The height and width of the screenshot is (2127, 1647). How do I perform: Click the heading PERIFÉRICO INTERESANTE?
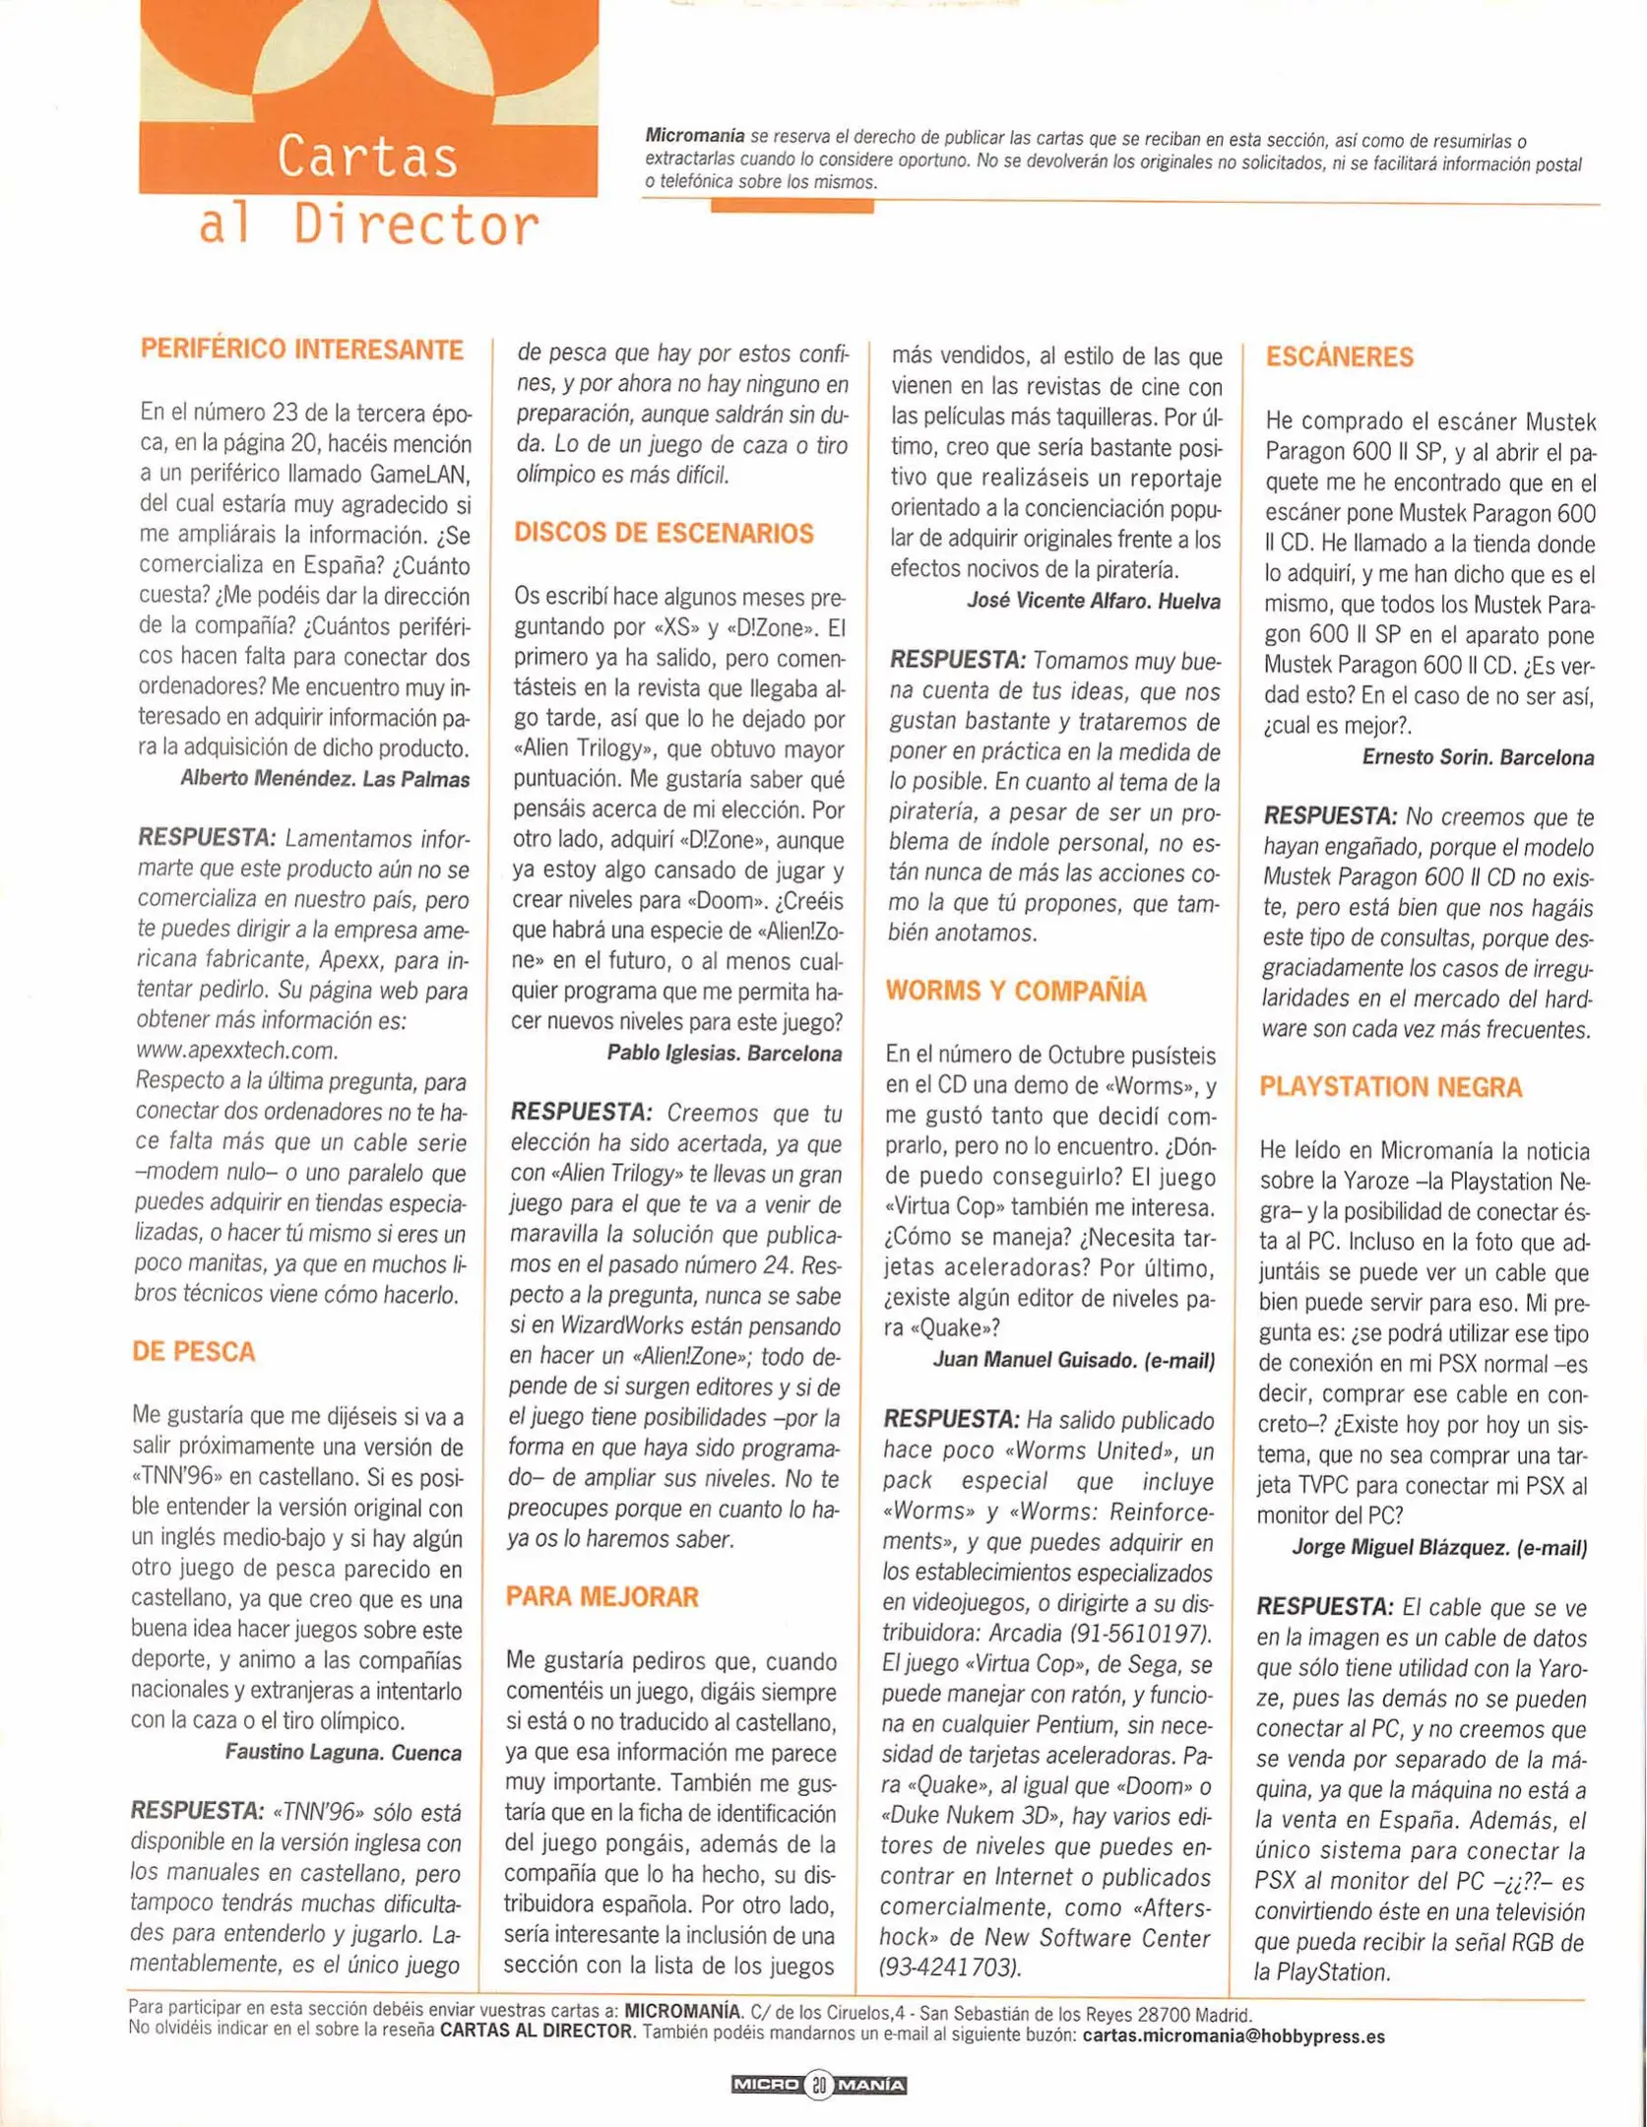pyautogui.click(x=301, y=350)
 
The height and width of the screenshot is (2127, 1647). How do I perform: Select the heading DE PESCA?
pyautogui.click(x=194, y=1351)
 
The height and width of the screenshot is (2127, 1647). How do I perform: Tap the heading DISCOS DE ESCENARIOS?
pyautogui.click(x=664, y=534)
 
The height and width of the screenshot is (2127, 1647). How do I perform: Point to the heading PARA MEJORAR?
pyautogui.click(x=602, y=1596)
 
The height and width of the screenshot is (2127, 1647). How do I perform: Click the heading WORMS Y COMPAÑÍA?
pyautogui.click(x=1015, y=991)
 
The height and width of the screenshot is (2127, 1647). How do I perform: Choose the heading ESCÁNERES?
pyautogui.click(x=1339, y=356)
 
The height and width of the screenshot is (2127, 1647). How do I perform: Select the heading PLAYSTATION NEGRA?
pyautogui.click(x=1390, y=1087)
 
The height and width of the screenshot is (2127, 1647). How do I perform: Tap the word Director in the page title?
pyautogui.click(x=416, y=226)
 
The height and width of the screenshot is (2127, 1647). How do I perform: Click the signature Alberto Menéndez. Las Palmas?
pyautogui.click(x=325, y=779)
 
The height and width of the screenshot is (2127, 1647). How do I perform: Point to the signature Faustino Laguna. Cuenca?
pyautogui.click(x=344, y=1752)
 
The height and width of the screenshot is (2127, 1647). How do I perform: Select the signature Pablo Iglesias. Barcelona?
pyautogui.click(x=724, y=1053)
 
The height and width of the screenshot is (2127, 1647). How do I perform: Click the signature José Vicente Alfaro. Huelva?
pyautogui.click(x=1093, y=601)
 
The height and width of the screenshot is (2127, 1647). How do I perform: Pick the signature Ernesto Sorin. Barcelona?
pyautogui.click(x=1478, y=757)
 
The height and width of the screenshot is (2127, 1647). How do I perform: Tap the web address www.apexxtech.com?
pyautogui.click(x=236, y=1051)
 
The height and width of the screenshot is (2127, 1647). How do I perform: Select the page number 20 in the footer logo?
pyautogui.click(x=819, y=2085)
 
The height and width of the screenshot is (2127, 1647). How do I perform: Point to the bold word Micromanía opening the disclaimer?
pyautogui.click(x=694, y=136)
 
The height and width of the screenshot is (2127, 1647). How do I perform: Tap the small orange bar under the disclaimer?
pyautogui.click(x=792, y=206)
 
